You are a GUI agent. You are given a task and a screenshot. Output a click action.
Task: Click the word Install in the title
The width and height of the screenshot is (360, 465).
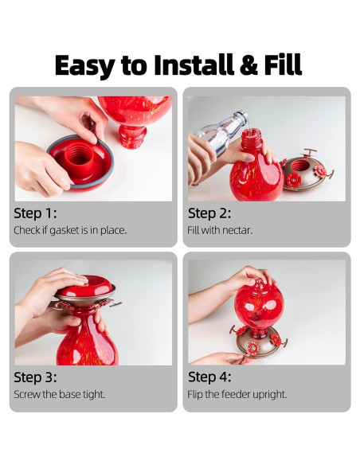coord(194,64)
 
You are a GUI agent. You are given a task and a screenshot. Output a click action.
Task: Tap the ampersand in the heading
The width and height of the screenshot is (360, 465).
coord(248,65)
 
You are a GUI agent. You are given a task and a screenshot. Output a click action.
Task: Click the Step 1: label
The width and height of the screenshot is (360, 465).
coord(35,213)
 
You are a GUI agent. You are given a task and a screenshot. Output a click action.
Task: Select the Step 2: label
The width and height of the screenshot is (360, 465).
coord(209,213)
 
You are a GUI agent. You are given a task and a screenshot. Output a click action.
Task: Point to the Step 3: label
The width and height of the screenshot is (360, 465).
coord(35,377)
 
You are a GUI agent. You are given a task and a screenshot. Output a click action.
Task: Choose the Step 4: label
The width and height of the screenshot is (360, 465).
coord(209,377)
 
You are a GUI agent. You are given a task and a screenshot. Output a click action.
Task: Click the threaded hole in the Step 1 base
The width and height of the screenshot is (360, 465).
coord(79,154)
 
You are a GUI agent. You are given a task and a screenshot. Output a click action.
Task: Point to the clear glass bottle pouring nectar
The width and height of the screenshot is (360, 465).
coord(221,134)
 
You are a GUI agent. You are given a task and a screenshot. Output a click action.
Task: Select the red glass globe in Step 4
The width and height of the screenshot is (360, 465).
coord(259,305)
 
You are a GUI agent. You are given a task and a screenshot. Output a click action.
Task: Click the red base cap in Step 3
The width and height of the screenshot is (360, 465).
coord(84,286)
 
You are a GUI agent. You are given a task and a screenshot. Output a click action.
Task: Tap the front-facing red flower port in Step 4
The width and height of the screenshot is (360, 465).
coord(252,348)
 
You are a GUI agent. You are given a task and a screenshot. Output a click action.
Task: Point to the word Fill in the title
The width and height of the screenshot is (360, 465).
coord(283,64)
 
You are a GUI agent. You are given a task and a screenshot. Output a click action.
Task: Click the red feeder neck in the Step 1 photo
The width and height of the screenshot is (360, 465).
coord(132,136)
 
